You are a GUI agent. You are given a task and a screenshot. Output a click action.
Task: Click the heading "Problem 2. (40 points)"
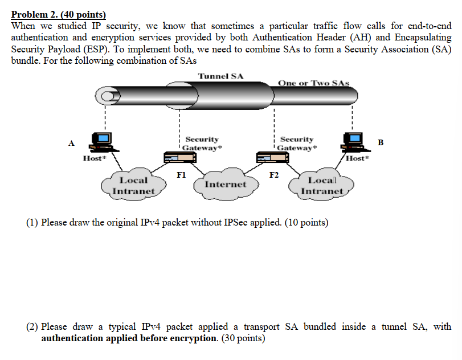pyautogui.click(x=59, y=15)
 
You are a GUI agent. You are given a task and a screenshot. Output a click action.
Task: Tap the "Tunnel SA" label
pyautogui.click(x=220, y=76)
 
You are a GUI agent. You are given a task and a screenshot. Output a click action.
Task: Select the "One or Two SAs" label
pyautogui.click(x=313, y=83)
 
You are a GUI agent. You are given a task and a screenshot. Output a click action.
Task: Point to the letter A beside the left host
pyautogui.click(x=71, y=143)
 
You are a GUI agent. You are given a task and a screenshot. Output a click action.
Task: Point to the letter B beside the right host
pyautogui.click(x=381, y=142)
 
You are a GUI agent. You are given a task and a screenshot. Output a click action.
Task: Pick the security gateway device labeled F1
pyautogui.click(x=177, y=157)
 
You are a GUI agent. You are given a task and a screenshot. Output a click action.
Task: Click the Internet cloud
pyautogui.click(x=225, y=185)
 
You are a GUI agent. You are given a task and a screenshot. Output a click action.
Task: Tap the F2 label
pyautogui.click(x=274, y=174)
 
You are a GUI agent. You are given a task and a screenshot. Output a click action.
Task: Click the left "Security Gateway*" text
pyautogui.click(x=203, y=143)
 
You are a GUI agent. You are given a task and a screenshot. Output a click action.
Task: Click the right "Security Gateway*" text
pyautogui.click(x=297, y=143)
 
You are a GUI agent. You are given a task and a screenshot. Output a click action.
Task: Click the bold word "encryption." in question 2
pyautogui.click(x=194, y=338)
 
